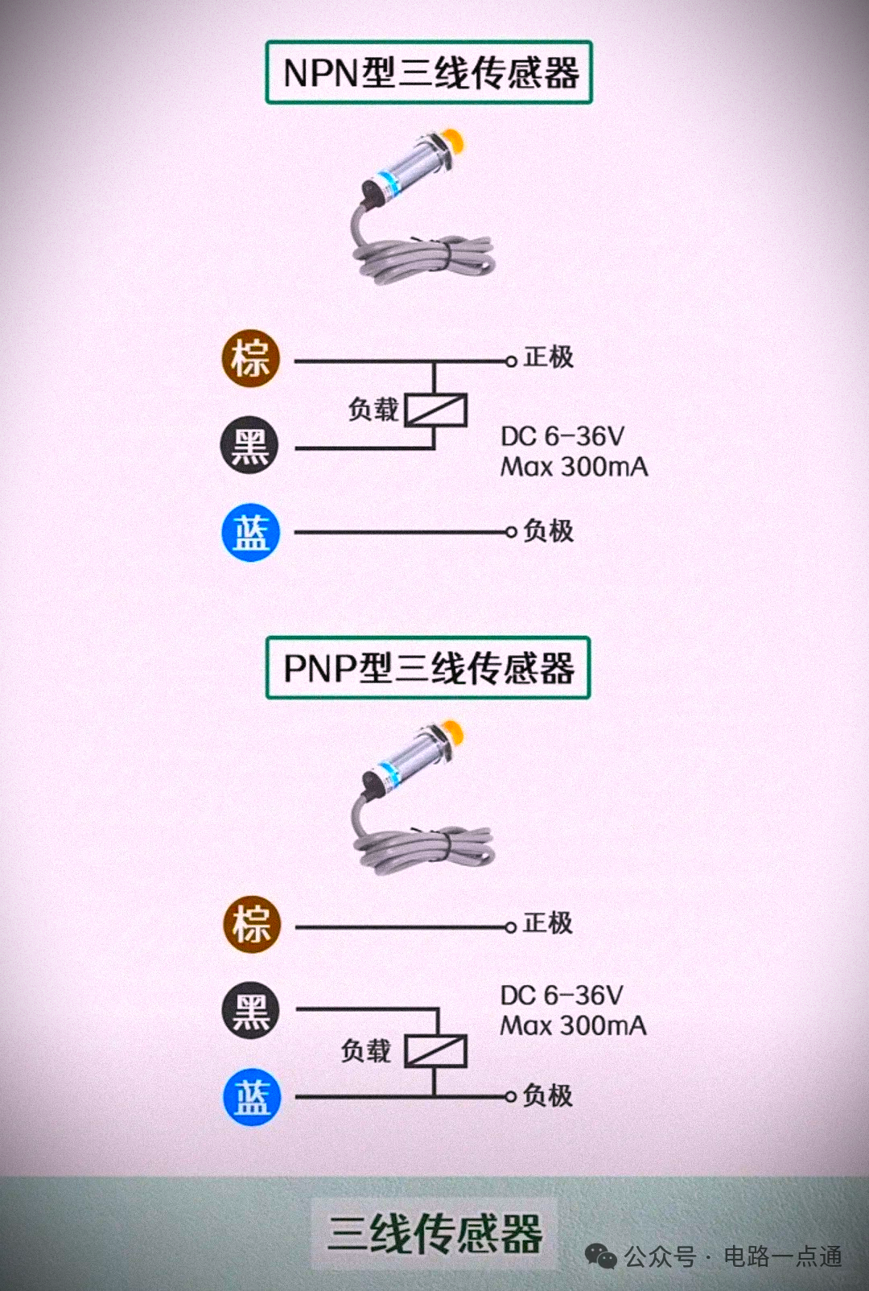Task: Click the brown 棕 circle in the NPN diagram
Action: tap(251, 358)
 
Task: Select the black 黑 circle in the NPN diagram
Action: tap(250, 445)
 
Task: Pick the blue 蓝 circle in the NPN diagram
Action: tap(251, 533)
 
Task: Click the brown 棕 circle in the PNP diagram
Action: tap(252, 924)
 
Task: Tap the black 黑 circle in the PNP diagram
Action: tap(251, 1010)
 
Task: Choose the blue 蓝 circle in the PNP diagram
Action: tap(252, 1097)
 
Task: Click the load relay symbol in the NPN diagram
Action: tap(435, 410)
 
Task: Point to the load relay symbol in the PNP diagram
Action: tap(435, 1050)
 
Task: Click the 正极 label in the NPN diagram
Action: tap(548, 357)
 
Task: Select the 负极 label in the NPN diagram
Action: tap(548, 531)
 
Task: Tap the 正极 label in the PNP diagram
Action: tap(547, 922)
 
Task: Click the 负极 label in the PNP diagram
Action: tap(547, 1095)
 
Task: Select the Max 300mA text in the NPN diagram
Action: tap(574, 466)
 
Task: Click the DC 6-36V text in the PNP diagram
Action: tap(562, 996)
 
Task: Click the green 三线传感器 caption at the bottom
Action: tap(435, 1233)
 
